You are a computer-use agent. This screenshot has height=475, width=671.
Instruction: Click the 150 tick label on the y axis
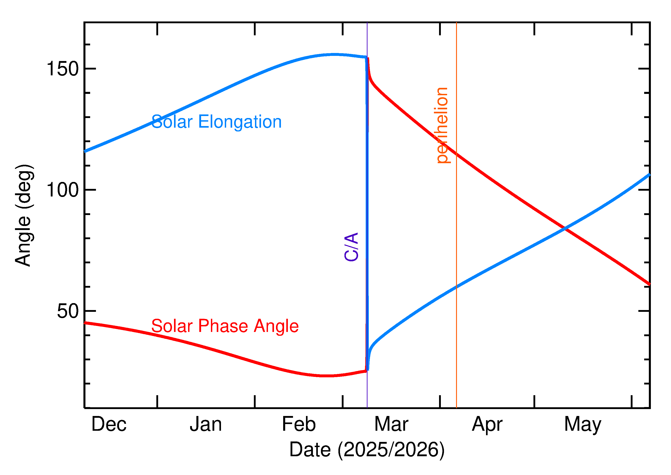[x=63, y=69]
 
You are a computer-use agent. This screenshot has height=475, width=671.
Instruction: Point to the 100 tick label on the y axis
[x=63, y=190]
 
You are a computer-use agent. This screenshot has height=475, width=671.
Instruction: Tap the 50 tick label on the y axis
[x=68, y=311]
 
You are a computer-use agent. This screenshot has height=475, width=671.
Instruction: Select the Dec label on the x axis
[x=109, y=424]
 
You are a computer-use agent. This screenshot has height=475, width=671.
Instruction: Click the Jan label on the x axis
[x=206, y=424]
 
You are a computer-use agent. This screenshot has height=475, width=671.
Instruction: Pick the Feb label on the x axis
[x=299, y=424]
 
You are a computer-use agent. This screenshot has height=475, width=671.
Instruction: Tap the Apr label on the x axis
[x=487, y=424]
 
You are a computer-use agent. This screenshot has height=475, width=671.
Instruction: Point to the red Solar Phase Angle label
[x=225, y=326]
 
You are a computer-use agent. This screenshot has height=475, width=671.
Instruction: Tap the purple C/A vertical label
[x=351, y=247]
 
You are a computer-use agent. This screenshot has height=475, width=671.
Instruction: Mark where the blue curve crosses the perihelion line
[x=457, y=287]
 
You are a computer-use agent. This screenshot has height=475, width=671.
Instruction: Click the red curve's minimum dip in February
[x=326, y=376]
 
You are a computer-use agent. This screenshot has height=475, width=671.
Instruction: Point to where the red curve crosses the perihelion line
[x=457, y=154]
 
